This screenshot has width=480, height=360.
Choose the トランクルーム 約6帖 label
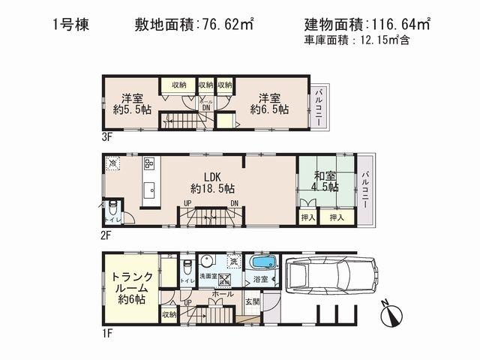pos(131,287)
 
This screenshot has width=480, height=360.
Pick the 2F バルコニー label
pos(366,190)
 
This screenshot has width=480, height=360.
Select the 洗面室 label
pos(207,277)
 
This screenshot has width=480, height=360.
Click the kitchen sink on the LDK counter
pos(148,187)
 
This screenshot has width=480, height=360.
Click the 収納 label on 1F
pos(168,314)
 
